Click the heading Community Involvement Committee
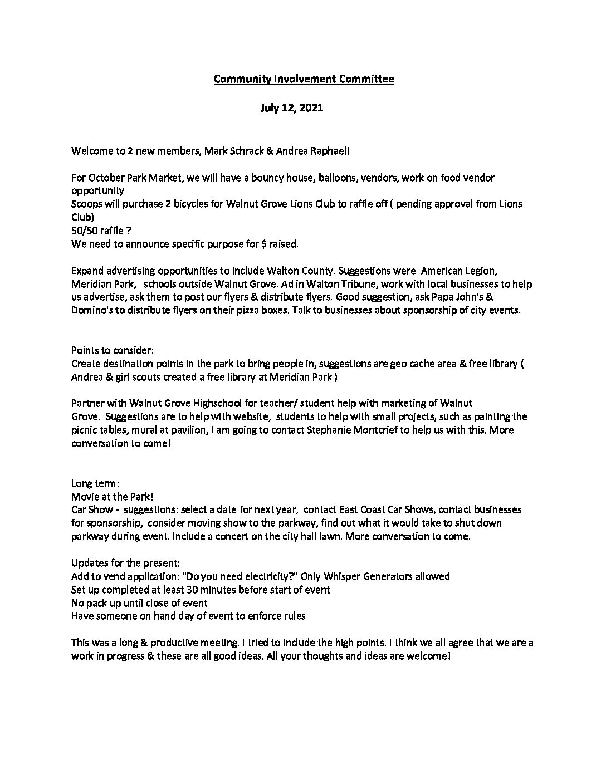(304, 79)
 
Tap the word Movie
(84, 496)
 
